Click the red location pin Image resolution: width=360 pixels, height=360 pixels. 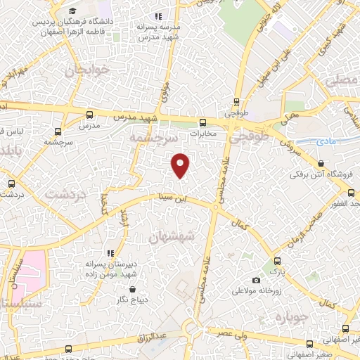coord(181,165)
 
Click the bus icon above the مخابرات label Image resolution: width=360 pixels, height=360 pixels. coord(202,121)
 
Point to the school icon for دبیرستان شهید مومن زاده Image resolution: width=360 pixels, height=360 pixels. coord(109,252)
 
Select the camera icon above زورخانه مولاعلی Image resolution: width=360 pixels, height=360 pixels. coord(256,280)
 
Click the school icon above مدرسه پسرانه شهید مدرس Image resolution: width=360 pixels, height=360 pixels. coord(159,15)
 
